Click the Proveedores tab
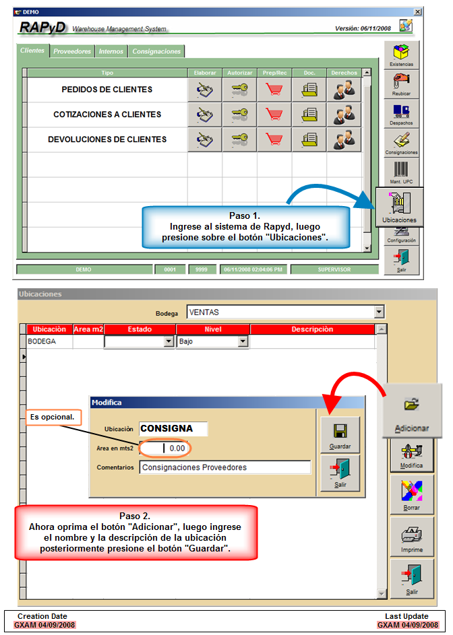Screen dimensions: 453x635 (x=72, y=51)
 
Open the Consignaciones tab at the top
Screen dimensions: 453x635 (x=156, y=51)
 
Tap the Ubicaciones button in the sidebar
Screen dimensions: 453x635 (x=400, y=207)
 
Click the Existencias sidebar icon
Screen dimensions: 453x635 (x=402, y=55)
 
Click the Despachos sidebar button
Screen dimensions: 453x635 (x=402, y=114)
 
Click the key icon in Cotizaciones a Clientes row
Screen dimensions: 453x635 (x=240, y=114)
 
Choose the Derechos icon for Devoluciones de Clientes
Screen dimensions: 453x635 (x=344, y=139)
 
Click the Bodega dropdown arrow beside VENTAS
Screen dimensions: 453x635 (x=380, y=312)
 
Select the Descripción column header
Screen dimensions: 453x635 (x=312, y=329)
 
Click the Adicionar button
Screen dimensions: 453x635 (x=412, y=411)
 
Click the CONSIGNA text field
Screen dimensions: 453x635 (x=173, y=428)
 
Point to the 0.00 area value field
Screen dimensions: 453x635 (x=164, y=448)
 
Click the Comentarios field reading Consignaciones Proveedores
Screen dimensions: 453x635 (x=225, y=467)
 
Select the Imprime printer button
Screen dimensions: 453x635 (x=412, y=537)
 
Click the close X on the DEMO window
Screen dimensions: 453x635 (x=417, y=11)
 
